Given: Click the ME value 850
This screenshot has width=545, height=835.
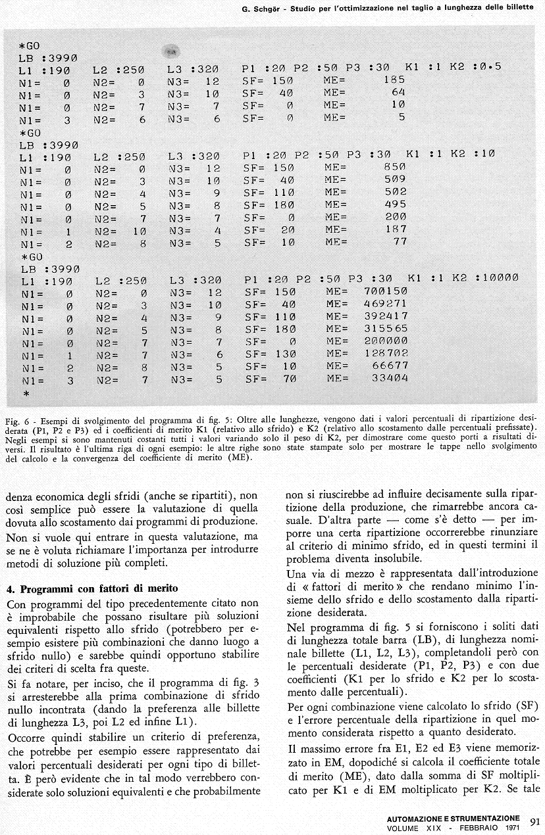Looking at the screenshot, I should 394,167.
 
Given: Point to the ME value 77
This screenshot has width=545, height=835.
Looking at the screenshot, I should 400,242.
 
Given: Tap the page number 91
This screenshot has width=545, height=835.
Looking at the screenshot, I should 534,821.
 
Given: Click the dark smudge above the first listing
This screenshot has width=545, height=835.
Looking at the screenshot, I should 170,51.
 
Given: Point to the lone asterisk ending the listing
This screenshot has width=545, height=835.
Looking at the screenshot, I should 26,393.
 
